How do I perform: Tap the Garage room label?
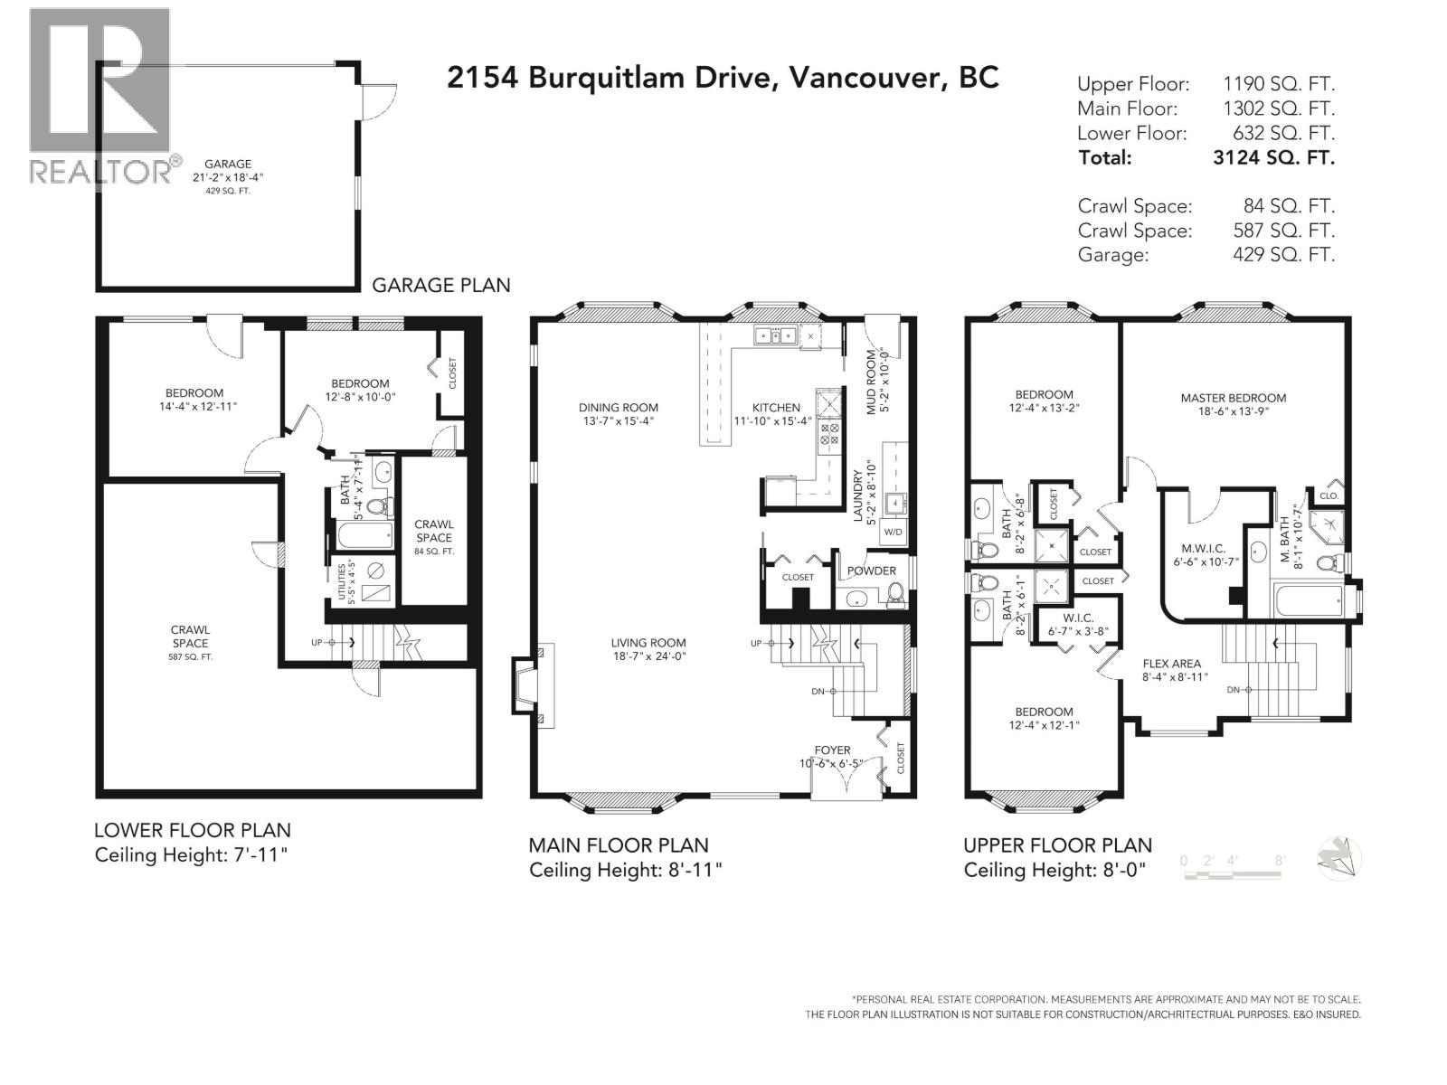[227, 165]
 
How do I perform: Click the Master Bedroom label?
[1233, 398]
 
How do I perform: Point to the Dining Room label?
[619, 408]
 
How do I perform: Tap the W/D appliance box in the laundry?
[893, 533]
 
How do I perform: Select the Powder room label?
[871, 571]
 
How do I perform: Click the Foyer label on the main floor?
[832, 750]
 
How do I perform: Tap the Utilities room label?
[342, 581]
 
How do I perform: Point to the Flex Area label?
[1171, 664]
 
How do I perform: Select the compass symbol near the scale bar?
[1339, 857]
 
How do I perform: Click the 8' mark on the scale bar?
[1279, 862]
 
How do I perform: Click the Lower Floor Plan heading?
[193, 830]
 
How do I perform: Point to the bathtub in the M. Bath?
[1308, 599]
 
